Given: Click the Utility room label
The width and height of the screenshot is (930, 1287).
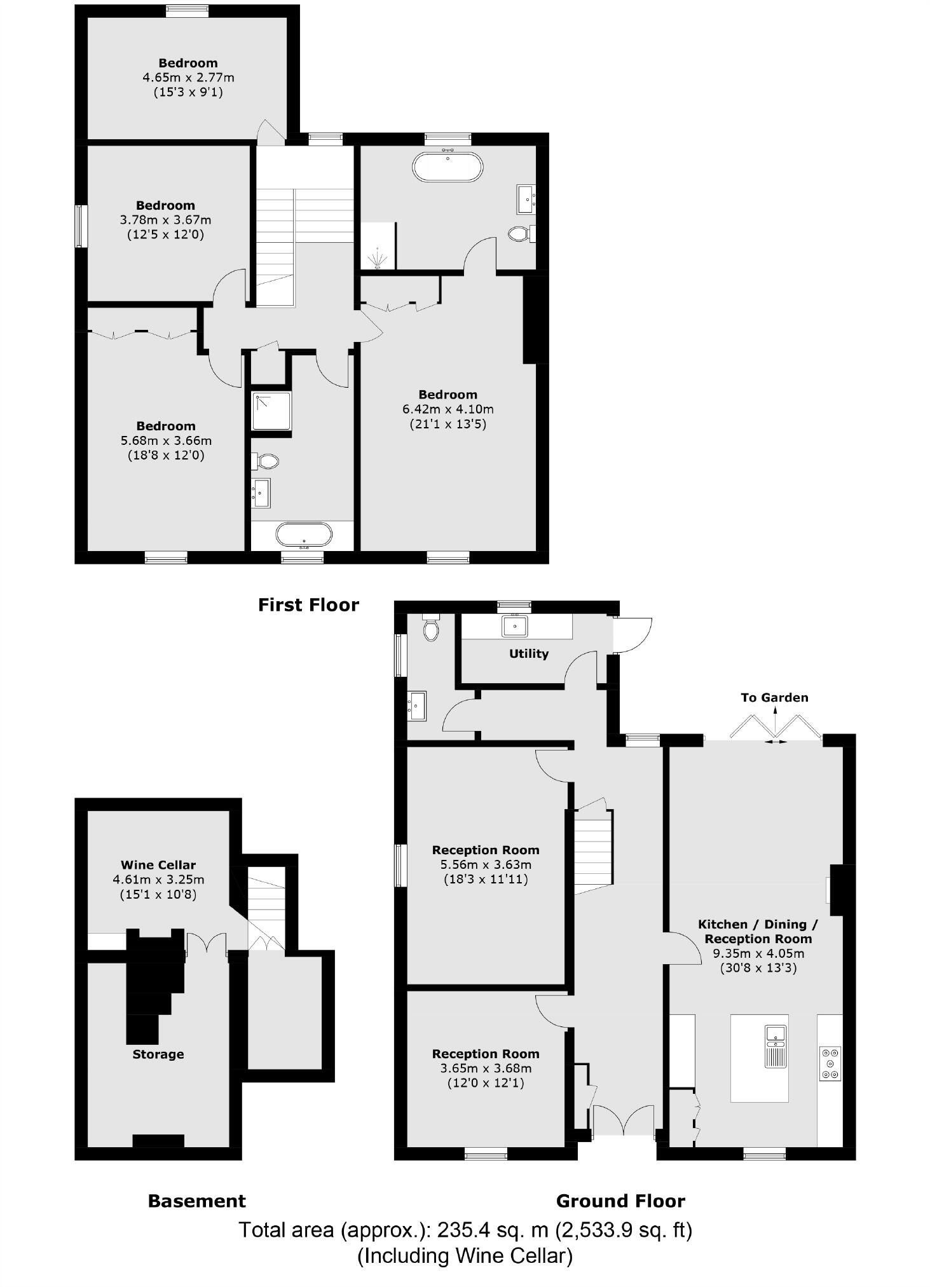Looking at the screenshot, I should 528,653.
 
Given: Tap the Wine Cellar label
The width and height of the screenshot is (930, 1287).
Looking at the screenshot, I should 158,864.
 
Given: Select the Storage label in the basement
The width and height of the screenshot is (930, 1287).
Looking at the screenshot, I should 158,1054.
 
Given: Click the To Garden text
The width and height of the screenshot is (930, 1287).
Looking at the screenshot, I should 774,697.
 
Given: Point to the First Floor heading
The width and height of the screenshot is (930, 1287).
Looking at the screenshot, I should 308,604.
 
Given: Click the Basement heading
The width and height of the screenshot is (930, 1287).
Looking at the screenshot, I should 196,1201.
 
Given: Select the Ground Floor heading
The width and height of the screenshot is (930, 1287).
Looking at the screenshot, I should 620,1201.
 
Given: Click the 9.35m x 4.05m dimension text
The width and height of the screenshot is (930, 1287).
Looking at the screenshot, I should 758,953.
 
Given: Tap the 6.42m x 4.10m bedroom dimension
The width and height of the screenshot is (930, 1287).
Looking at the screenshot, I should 448,409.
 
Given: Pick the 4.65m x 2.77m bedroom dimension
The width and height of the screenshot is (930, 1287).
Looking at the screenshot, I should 188,78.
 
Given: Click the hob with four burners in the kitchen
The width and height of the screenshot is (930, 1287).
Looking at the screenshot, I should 830,1063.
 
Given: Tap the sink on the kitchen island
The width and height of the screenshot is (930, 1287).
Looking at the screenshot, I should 776,1036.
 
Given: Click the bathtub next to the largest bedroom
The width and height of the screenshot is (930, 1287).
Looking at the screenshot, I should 448,167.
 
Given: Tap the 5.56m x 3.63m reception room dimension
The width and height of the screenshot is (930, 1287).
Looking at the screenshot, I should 486,864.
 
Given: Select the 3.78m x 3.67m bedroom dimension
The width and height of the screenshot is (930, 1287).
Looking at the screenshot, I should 165,220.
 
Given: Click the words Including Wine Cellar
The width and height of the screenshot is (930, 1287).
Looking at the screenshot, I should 465,1255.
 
